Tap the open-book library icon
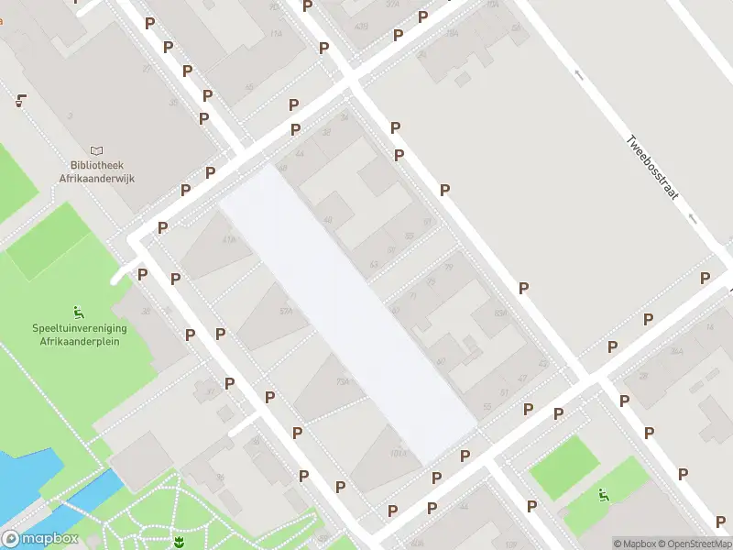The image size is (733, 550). point(98,151)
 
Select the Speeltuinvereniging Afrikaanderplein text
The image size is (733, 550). point(81,335)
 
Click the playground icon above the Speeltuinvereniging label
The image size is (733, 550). point(79,310)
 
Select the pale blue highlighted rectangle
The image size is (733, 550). point(348,312)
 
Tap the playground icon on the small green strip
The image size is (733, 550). point(604,496)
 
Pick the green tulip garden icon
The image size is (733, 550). point(178,543)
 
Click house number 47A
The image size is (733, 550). point(229,239)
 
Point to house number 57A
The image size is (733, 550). point(286,311)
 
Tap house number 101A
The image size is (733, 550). point(398,453)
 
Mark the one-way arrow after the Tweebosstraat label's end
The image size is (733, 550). point(693,218)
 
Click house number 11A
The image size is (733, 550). point(276,33)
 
